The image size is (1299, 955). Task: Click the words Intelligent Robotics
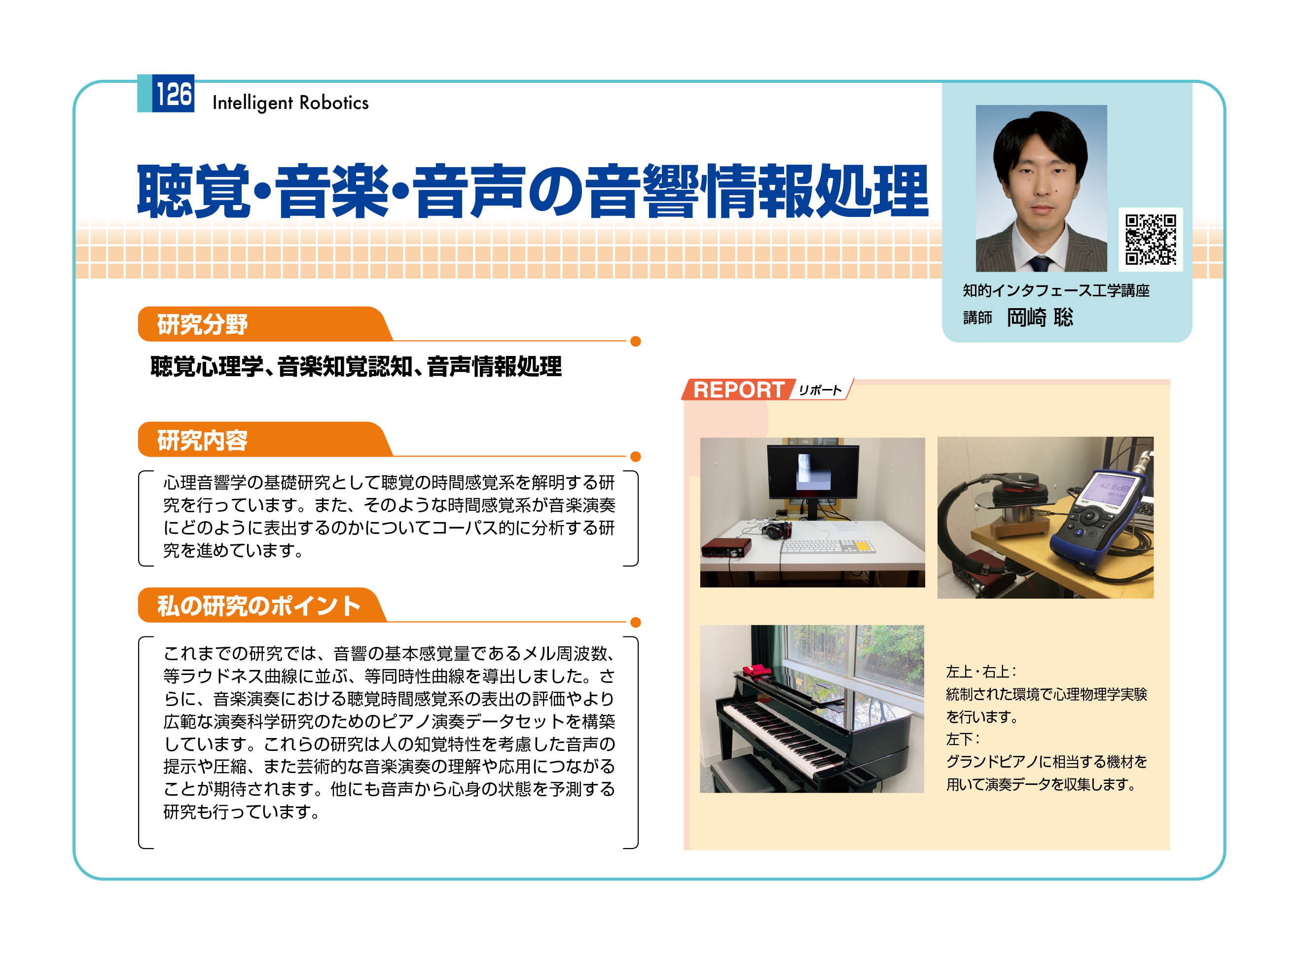click(x=290, y=103)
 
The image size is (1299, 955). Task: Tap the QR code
click(x=1150, y=239)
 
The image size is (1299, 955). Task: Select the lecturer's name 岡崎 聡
click(x=1040, y=318)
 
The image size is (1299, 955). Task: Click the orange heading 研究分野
click(x=202, y=324)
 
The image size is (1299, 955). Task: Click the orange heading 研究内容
click(x=202, y=440)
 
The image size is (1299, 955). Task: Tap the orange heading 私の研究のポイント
click(x=258, y=606)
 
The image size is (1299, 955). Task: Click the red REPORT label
click(x=738, y=389)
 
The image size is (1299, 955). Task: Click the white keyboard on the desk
click(x=828, y=546)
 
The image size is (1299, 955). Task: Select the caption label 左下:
click(x=963, y=739)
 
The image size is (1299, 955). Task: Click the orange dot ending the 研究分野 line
click(x=635, y=341)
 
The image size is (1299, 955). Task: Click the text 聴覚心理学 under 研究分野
click(x=206, y=366)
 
